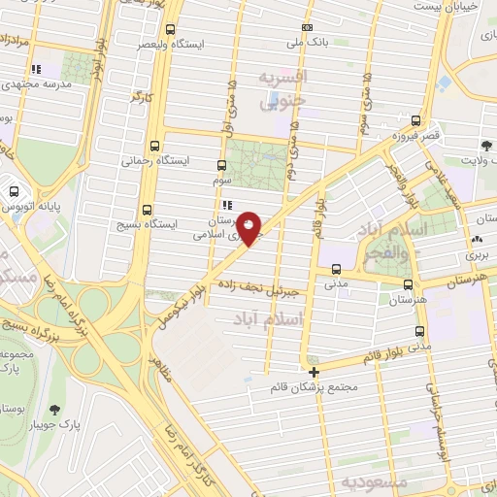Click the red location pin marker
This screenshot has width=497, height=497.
pos(249,228)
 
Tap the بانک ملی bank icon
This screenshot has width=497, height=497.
pos(308,28)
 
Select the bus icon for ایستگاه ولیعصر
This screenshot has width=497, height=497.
pos(171,29)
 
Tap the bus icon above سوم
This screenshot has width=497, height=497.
pos(222,164)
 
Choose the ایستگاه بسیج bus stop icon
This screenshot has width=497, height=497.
pos(147,209)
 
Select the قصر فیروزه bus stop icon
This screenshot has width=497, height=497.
pos(415,121)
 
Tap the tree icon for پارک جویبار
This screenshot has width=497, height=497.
pos(53,409)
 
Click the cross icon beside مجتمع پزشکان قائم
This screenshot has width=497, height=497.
pos(314,371)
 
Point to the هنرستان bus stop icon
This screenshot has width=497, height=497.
pos(407,285)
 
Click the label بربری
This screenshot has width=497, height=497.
pos(476,254)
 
